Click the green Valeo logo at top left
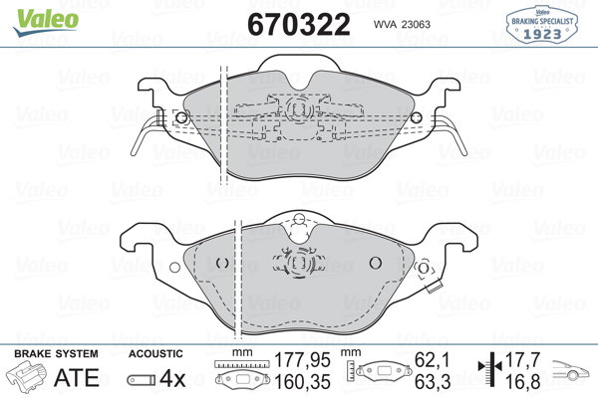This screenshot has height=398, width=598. [46, 22]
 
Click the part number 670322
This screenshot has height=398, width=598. [299, 24]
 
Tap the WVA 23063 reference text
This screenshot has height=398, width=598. [402, 24]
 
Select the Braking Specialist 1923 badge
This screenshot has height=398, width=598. [541, 24]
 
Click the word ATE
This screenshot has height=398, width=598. [77, 377]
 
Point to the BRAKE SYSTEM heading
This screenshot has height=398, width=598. [56, 354]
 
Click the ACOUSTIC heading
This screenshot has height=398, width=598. [155, 354]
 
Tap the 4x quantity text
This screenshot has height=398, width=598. [172, 378]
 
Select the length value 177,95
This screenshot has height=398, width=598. [302, 360]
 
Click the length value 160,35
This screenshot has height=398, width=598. [302, 382]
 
